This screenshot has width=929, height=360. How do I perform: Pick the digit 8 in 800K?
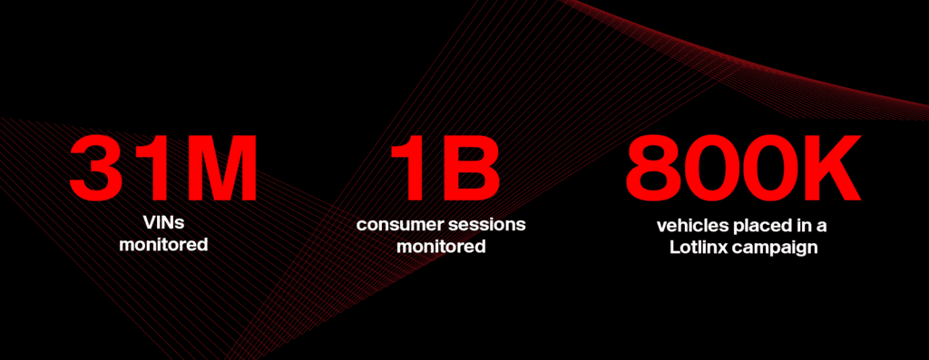(x=655, y=169)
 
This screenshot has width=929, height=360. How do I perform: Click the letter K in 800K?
(x=835, y=169)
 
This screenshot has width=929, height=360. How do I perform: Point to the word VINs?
(x=163, y=223)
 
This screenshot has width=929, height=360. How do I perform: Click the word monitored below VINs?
(x=163, y=244)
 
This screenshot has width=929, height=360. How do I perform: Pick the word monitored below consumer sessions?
(x=441, y=246)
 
